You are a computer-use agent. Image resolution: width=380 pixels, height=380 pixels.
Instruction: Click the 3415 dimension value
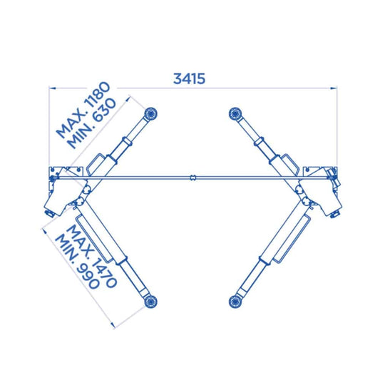pyautogui.click(x=189, y=78)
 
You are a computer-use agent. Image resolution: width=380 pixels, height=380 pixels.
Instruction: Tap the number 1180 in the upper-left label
pyautogui.click(x=98, y=95)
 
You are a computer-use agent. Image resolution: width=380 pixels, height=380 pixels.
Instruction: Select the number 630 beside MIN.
pyautogui.click(x=105, y=111)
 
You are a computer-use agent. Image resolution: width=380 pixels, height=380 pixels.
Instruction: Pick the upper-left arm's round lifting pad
pyautogui.click(x=150, y=113)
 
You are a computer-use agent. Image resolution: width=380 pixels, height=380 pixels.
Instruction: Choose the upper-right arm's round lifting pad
pyautogui.click(x=235, y=113)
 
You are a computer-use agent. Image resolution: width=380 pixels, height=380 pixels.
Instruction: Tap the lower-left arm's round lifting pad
pyautogui.click(x=150, y=302)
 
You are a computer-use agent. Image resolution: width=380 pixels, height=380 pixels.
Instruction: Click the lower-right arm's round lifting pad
pyautogui.click(x=235, y=302)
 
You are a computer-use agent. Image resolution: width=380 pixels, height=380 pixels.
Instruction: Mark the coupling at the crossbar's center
pyautogui.click(x=193, y=178)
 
